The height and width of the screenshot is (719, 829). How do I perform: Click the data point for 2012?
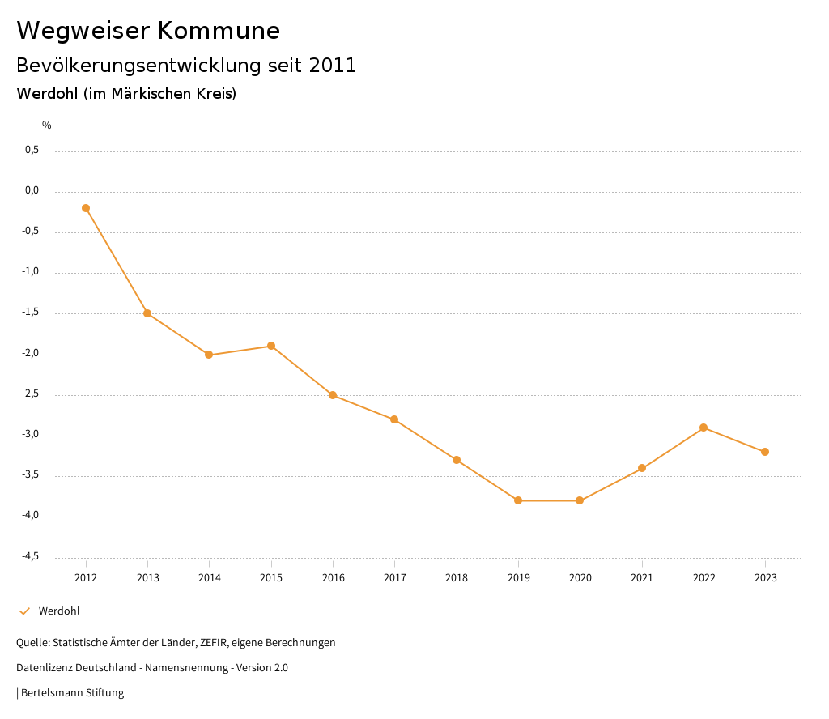[x=86, y=208]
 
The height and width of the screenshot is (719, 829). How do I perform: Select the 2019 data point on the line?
[x=518, y=500]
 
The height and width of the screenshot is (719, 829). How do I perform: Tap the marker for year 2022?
[x=704, y=428]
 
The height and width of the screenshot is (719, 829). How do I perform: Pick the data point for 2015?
[x=271, y=346]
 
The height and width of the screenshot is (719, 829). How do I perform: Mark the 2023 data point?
[x=765, y=452]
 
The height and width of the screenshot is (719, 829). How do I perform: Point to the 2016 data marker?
[x=333, y=395]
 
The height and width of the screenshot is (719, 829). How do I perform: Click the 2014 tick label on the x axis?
[x=210, y=578]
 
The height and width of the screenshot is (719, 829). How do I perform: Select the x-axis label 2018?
[x=457, y=578]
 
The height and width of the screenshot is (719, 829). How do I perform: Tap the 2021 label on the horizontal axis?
[x=642, y=578]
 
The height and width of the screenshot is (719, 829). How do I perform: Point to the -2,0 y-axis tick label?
[x=31, y=353]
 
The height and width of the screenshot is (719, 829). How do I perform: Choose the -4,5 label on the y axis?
[x=31, y=556]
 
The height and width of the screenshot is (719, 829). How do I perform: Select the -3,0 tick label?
[x=31, y=435]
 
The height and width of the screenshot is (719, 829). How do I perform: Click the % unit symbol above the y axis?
[x=47, y=126]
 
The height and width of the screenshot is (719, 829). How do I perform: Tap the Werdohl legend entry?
[x=58, y=611]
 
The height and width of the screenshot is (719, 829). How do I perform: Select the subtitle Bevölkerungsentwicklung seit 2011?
[x=186, y=66]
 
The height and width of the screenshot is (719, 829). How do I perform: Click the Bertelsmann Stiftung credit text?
[x=72, y=693]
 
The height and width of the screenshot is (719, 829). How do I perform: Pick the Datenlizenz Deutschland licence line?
[x=152, y=668]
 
